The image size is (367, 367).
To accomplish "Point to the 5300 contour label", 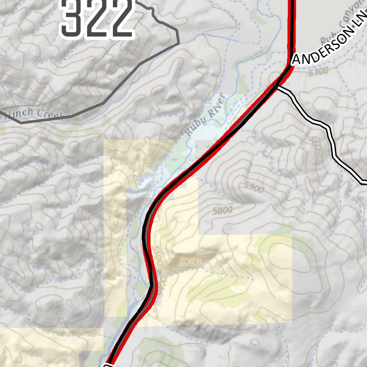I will click(x=318, y=71).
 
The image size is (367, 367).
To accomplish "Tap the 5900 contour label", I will click(x=253, y=187).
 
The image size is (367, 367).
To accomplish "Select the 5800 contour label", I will click(x=222, y=210).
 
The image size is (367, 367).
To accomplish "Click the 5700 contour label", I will click(x=190, y=262).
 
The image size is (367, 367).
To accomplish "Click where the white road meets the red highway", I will click(x=276, y=86).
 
